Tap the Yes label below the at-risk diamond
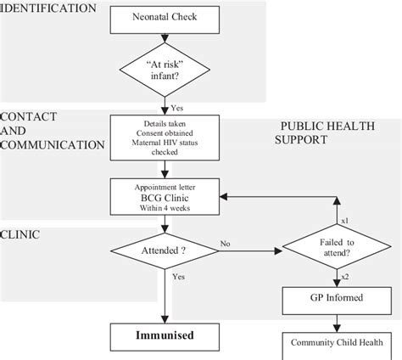(177, 109)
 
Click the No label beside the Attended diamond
(226, 244)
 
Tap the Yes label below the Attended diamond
(179, 277)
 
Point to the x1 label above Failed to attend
(343, 220)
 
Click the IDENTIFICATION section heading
(48, 8)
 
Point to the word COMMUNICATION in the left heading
(53, 144)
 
